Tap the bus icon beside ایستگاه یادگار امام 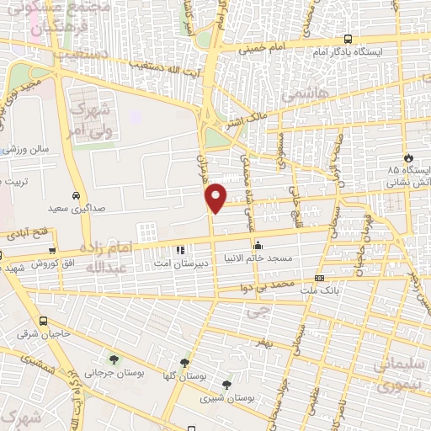(x=349, y=39)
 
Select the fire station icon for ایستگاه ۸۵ (x=408, y=157)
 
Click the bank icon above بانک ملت (x=319, y=278)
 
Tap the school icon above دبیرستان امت (x=178, y=249)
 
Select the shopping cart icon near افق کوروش (x=53, y=250)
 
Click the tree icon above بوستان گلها (x=161, y=363)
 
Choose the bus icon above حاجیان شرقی (x=43, y=321)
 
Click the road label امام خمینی (x=262, y=50)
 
